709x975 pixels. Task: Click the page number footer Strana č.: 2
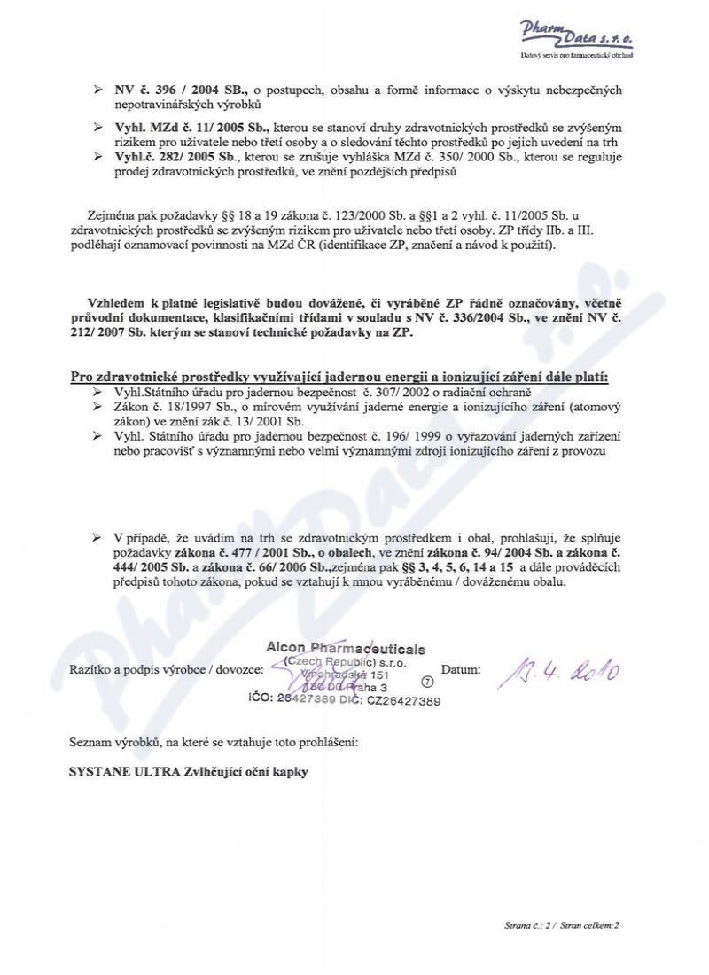(x=524, y=924)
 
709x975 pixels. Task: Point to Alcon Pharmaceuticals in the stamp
(x=345, y=649)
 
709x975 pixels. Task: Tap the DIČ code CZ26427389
(x=403, y=699)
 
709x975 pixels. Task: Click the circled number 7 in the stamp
(x=428, y=682)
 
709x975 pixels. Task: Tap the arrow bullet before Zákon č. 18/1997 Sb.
(x=98, y=405)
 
